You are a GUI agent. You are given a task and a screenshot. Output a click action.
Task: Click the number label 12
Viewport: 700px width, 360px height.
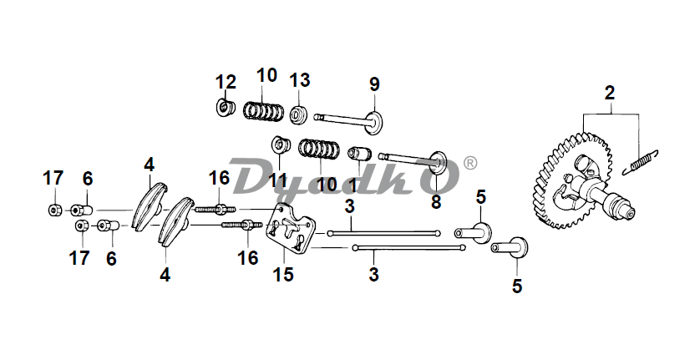pos(226,82)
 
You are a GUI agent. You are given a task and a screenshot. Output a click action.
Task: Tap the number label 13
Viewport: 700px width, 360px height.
pos(300,80)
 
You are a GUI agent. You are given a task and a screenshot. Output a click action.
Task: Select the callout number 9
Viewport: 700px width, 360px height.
pos(374,84)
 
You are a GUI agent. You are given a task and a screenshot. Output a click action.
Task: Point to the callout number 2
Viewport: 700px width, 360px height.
pos(610,92)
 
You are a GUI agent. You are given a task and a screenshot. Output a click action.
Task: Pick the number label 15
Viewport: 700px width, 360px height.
pos(285,274)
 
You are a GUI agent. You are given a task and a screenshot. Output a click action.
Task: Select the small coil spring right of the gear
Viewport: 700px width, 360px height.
pos(642,161)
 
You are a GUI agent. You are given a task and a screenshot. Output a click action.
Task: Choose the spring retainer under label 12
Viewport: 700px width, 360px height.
pos(223,108)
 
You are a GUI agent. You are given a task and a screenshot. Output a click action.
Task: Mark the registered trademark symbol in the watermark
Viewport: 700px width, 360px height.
pos(469,162)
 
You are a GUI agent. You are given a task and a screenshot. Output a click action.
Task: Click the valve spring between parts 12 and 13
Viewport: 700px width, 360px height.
pos(263,110)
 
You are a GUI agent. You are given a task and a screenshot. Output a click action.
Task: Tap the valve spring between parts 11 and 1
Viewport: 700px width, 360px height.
pos(318,150)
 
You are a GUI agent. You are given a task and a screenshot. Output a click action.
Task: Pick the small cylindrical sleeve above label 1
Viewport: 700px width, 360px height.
pos(359,155)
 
